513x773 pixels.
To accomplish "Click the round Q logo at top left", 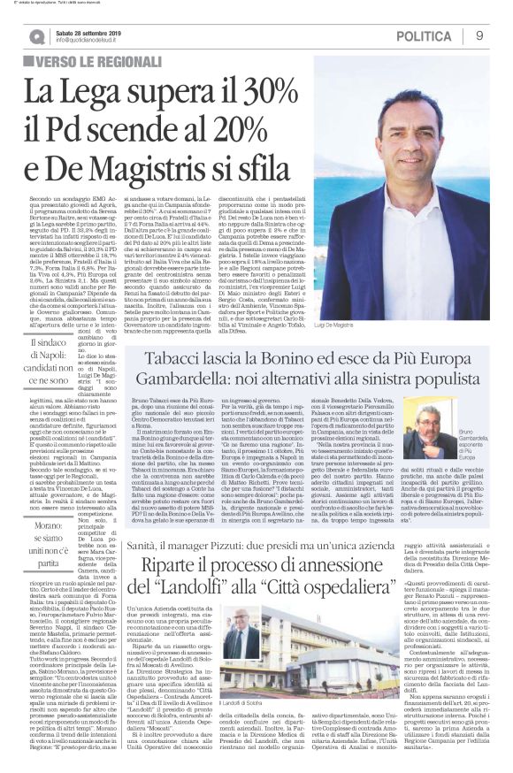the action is click(36, 35).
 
